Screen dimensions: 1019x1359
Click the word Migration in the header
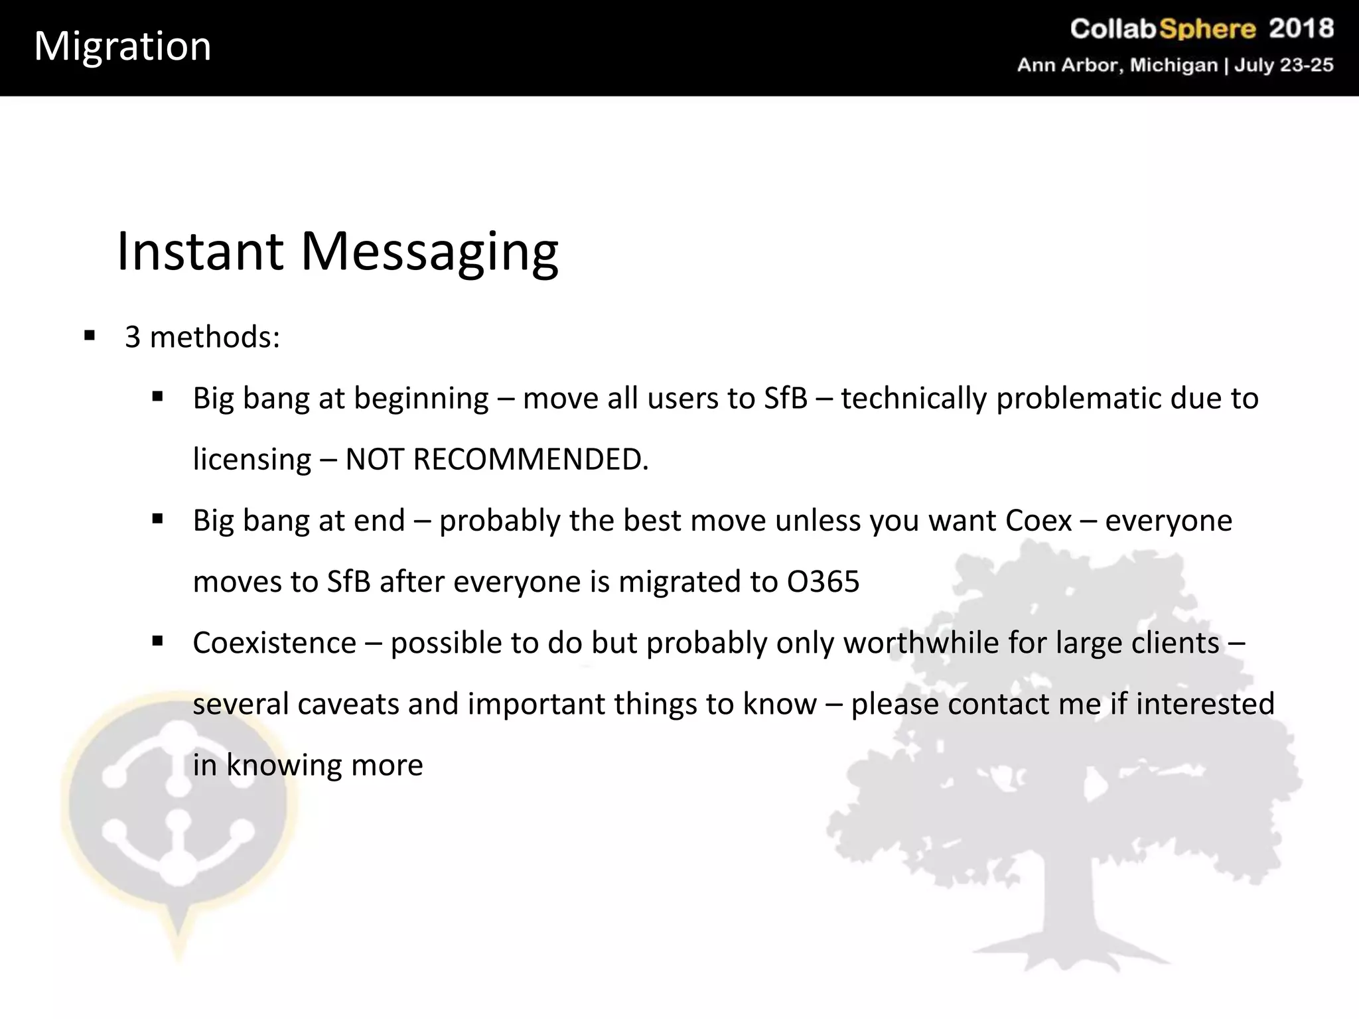pyautogui.click(x=123, y=46)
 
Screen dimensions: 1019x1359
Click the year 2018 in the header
pyautogui.click(x=1301, y=29)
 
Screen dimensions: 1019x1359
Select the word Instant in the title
pyautogui.click(x=200, y=251)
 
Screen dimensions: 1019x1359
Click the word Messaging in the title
pyautogui.click(x=429, y=253)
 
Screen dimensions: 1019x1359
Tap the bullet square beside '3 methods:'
pyautogui.click(x=90, y=335)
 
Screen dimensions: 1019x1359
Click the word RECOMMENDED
pyautogui.click(x=530, y=459)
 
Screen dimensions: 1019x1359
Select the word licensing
pyautogui.click(x=251, y=459)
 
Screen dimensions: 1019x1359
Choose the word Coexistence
pyautogui.click(x=275, y=643)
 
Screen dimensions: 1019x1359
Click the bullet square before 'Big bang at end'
pyautogui.click(x=157, y=519)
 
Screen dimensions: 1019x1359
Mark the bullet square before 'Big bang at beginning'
pyautogui.click(x=157, y=397)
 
